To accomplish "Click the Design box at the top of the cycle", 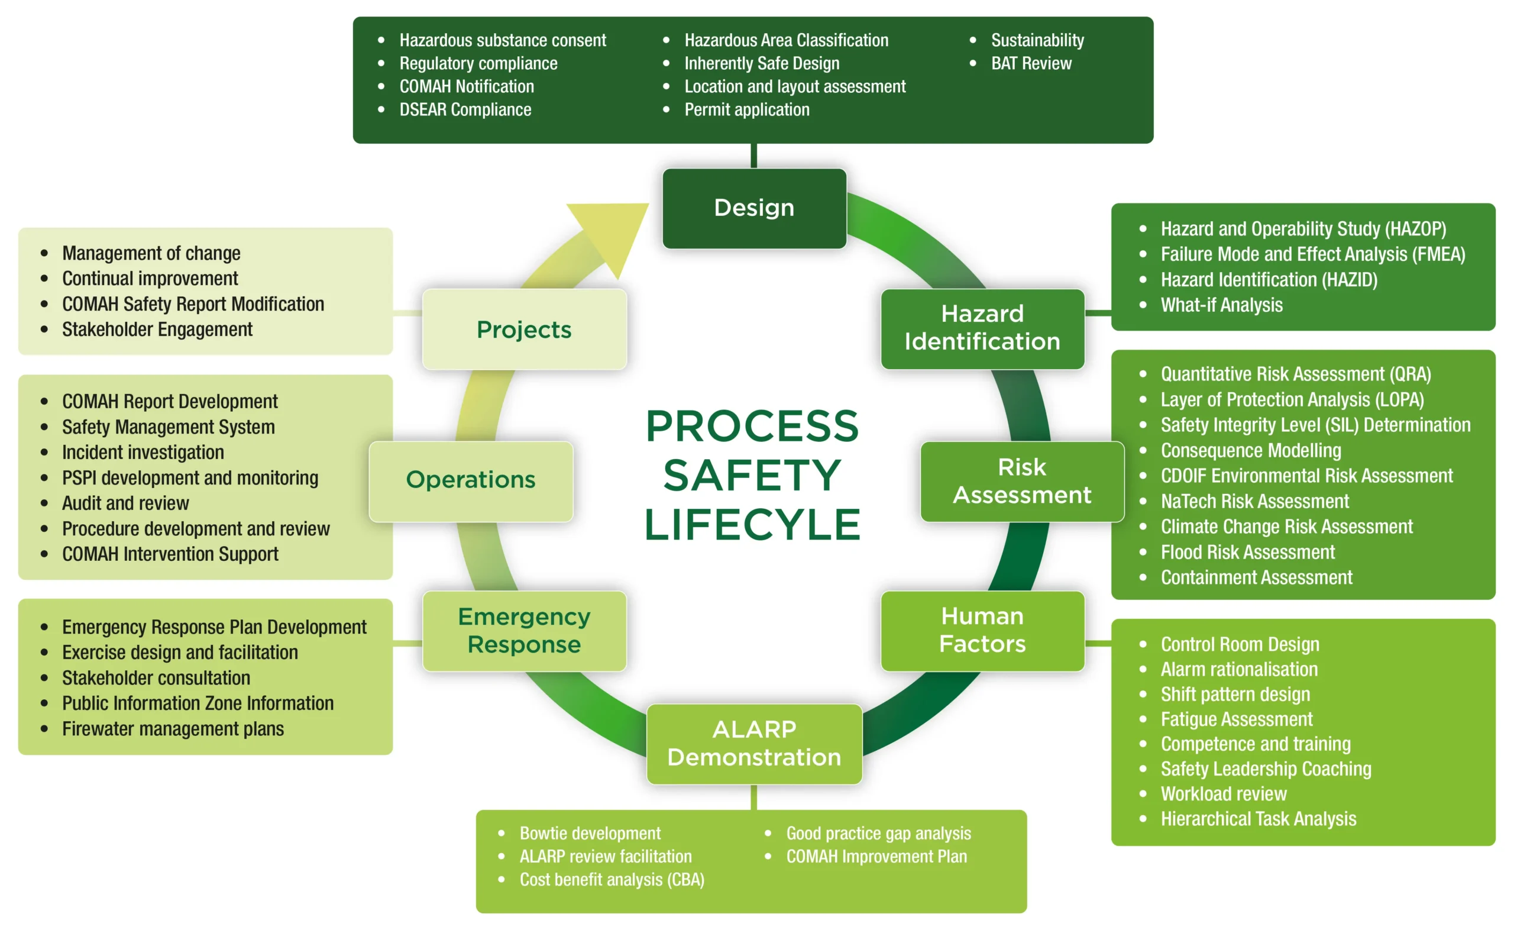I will (x=753, y=208).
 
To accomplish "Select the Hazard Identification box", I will (x=982, y=328).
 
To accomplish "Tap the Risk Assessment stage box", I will (x=1021, y=481).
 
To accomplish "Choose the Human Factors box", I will (x=982, y=631).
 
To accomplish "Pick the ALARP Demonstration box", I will (x=753, y=744).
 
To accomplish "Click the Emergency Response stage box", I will (x=524, y=631).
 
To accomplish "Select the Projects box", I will (x=524, y=330).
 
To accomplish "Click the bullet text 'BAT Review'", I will (x=1031, y=63).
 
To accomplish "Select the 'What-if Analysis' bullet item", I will (x=1221, y=305).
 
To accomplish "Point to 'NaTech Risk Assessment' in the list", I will (x=1254, y=501).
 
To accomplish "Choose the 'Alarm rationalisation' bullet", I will (x=1238, y=669).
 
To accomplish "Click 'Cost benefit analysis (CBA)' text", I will (x=612, y=880).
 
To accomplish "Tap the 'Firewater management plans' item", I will (x=173, y=729).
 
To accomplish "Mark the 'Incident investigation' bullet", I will (x=143, y=452).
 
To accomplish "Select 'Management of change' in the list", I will (x=151, y=253).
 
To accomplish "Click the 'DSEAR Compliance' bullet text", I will (x=465, y=109).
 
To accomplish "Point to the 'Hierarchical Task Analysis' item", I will (x=1258, y=819).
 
